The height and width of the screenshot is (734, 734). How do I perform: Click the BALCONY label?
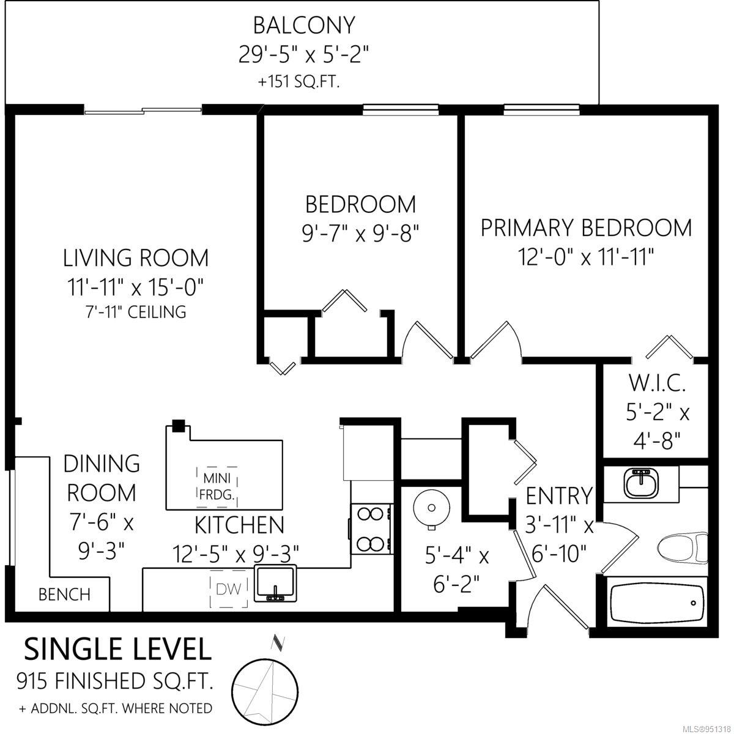pos(304,26)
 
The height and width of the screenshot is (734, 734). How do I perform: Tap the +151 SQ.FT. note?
pos(298,83)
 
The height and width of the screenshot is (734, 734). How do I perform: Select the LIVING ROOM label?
pos(136,258)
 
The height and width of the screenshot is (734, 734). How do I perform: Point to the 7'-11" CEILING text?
pos(136,312)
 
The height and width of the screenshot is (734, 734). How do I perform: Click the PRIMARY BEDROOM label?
pos(586,228)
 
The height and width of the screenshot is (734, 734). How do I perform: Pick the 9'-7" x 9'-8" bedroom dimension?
pos(360,233)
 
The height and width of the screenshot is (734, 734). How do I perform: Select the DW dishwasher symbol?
pos(229,589)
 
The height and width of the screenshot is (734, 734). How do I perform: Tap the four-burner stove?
pos(371,529)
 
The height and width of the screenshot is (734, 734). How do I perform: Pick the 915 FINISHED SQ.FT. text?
pos(114,681)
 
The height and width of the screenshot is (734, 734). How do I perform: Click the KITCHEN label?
pos(240,525)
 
